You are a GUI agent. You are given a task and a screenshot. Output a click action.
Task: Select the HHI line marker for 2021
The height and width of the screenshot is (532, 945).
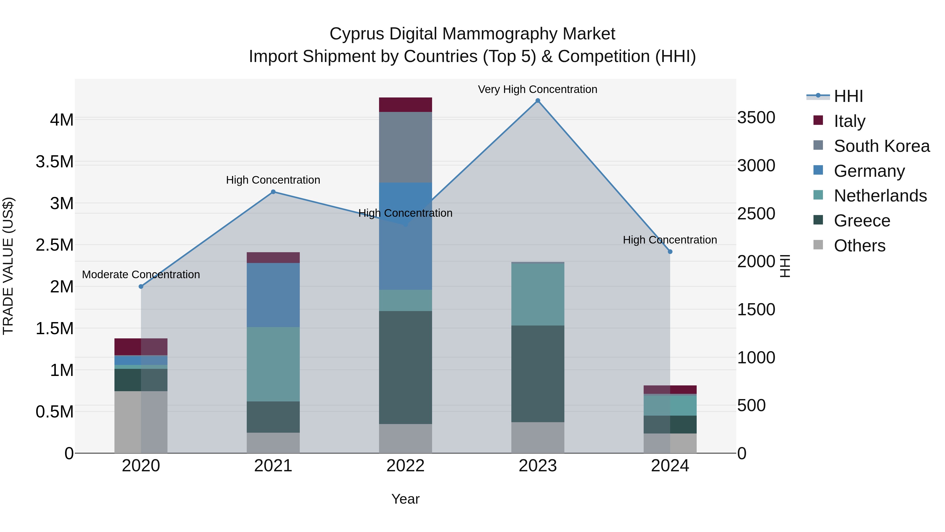coord(273,192)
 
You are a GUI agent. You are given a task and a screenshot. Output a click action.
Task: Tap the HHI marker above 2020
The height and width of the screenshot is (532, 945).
coord(141,286)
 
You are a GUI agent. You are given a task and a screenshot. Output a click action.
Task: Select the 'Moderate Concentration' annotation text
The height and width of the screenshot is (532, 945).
coord(141,274)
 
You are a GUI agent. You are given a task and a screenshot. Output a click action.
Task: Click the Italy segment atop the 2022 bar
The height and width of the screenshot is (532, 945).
coord(405,105)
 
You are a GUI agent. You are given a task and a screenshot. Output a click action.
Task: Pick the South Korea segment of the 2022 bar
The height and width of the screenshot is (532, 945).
coord(405,147)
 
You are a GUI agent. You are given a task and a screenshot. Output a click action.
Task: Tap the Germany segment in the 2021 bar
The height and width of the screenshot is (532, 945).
coord(273,295)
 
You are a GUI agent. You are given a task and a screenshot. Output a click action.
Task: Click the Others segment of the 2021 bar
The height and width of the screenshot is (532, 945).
coord(273,442)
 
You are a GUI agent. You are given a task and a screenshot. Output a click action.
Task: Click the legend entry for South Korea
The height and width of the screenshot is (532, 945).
coord(881,146)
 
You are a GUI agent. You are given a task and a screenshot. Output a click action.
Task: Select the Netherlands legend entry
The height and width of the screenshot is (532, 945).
coord(880,196)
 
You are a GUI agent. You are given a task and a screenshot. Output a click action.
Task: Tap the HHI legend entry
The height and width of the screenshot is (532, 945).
coord(848,96)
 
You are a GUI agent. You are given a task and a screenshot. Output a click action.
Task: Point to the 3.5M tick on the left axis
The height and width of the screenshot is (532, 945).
coord(55,162)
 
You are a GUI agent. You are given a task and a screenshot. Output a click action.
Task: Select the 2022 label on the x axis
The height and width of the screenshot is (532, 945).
coord(405,466)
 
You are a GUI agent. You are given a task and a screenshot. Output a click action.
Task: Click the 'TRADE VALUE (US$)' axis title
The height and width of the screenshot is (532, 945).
coord(8,266)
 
